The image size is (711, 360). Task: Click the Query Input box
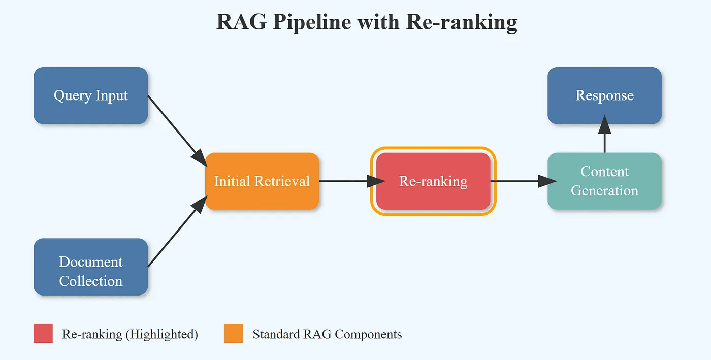pyautogui.click(x=90, y=95)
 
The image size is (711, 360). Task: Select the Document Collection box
pyautogui.click(x=90, y=267)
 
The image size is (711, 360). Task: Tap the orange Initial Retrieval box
pyautogui.click(x=262, y=181)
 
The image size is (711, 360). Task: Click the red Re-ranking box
pyautogui.click(x=433, y=181)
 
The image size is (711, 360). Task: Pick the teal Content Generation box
pyautogui.click(x=604, y=181)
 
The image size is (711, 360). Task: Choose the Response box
pyautogui.click(x=604, y=95)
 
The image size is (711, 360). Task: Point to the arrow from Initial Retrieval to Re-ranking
pyautogui.click(x=350, y=181)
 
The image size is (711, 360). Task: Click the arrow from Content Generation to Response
pyautogui.click(x=604, y=136)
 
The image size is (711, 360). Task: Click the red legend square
pyautogui.click(x=43, y=334)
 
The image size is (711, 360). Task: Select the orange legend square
pyautogui.click(x=234, y=334)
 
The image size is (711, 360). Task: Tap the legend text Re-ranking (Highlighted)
pyautogui.click(x=130, y=334)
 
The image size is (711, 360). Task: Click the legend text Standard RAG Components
pyautogui.click(x=327, y=334)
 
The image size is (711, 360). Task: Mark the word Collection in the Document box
pyautogui.click(x=90, y=281)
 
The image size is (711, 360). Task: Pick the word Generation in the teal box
pyautogui.click(x=604, y=191)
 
